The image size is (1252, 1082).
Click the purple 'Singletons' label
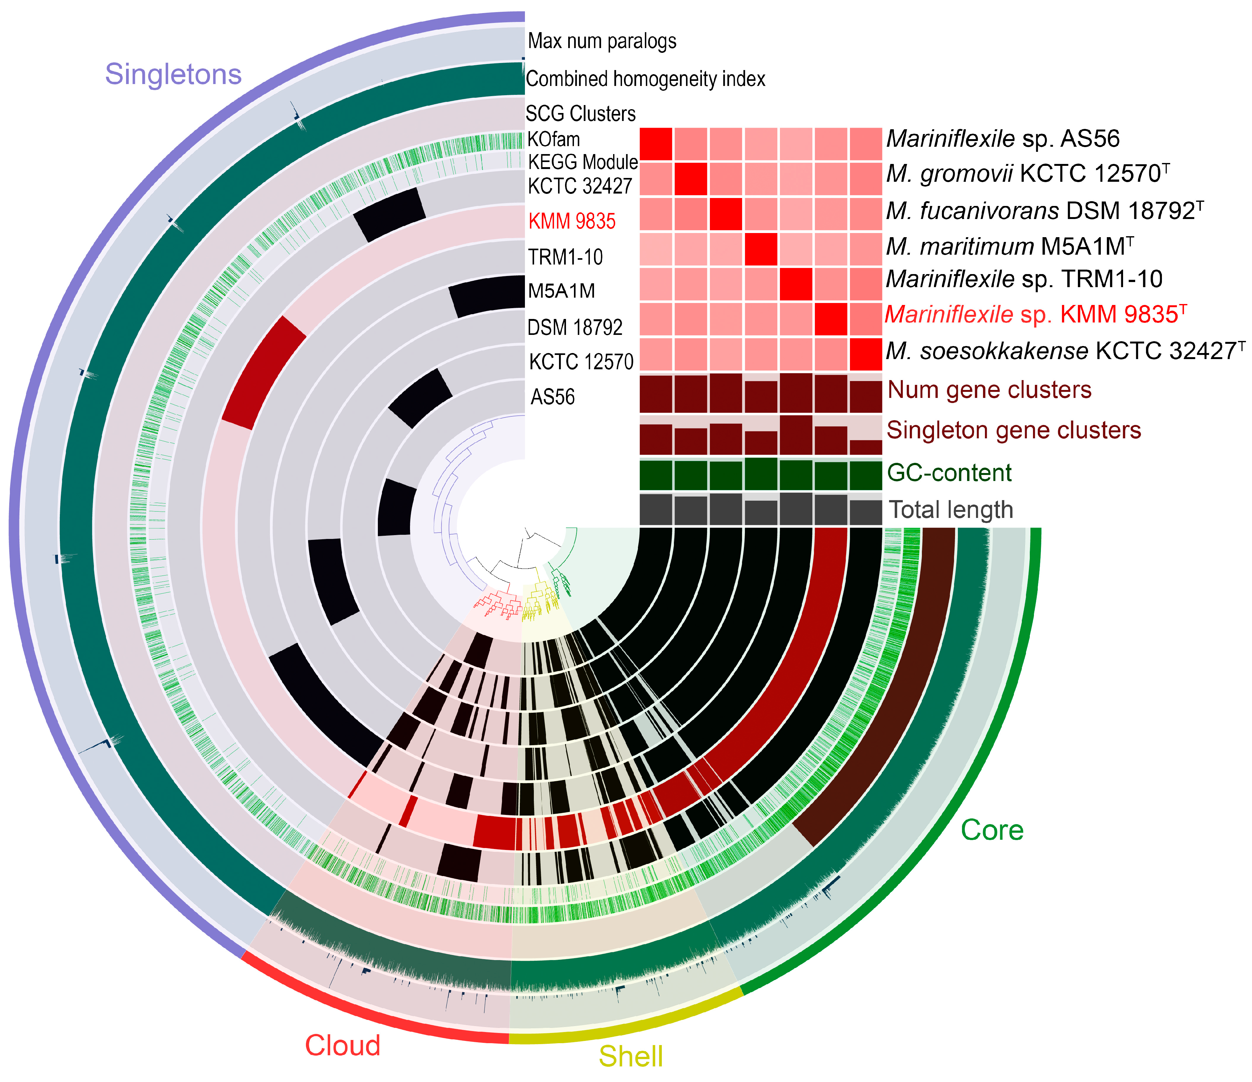pyautogui.click(x=173, y=74)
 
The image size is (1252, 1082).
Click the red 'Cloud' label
pyautogui.click(x=343, y=1045)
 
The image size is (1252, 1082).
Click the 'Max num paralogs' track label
pyautogui.click(x=602, y=41)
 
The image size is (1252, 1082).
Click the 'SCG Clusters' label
pyautogui.click(x=580, y=114)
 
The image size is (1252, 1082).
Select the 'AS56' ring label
pyautogui.click(x=552, y=397)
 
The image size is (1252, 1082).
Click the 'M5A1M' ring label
pyautogui.click(x=561, y=291)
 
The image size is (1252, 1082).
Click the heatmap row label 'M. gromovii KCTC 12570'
pyautogui.click(x=1027, y=174)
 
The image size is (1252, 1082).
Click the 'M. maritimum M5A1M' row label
pyautogui.click(x=1009, y=246)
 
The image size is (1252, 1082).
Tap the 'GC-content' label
pyautogui.click(x=949, y=472)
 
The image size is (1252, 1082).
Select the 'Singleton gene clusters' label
pyautogui.click(x=1013, y=430)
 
